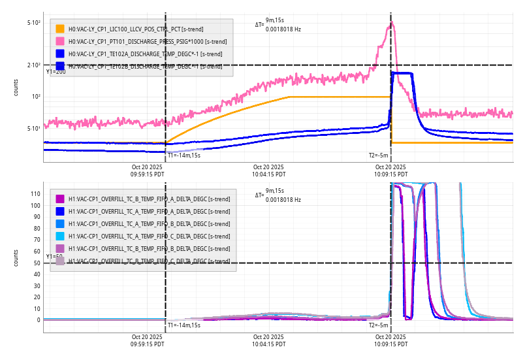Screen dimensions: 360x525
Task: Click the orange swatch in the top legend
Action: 60,29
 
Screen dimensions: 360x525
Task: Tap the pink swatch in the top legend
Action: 60,41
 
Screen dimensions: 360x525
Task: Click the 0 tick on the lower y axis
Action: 38,320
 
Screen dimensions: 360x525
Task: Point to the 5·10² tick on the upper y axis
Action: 34,23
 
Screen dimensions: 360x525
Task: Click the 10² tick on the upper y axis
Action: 36,97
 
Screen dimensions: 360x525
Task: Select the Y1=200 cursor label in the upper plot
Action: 56,71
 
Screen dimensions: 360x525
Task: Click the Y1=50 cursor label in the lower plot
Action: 54,257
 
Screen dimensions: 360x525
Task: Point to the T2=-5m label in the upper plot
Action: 379,155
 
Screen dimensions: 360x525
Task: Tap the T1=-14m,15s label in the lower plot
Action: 183,325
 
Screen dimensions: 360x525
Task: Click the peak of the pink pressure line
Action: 392,23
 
